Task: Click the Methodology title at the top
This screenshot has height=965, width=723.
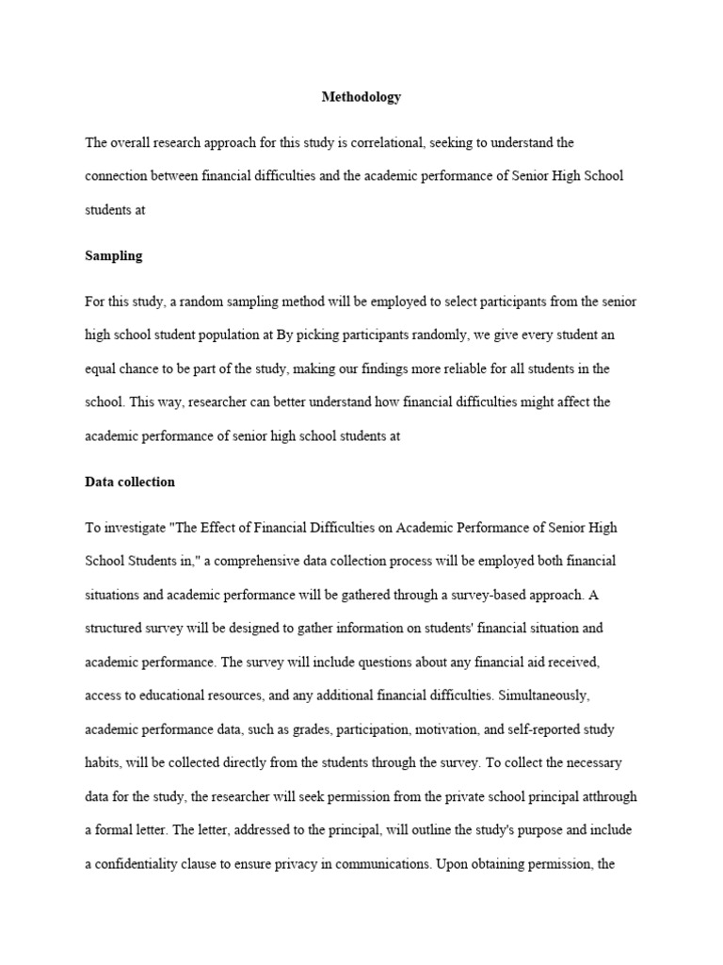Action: point(361,96)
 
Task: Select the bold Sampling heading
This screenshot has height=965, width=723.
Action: point(113,255)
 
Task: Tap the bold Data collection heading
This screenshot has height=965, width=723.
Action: point(130,482)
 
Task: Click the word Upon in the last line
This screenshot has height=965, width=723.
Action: point(449,864)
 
